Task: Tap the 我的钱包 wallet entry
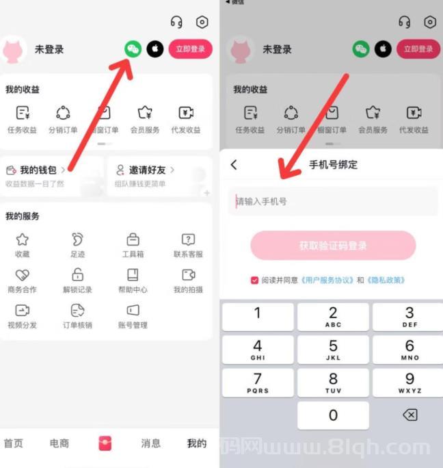point(38,170)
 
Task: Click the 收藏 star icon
point(23,239)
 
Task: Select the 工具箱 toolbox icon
point(133,239)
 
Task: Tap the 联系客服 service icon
point(188,239)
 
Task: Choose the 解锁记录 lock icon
point(77,275)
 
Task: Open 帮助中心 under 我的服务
point(133,275)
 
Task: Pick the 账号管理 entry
point(133,311)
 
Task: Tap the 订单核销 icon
point(77,311)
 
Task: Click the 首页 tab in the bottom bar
point(14,443)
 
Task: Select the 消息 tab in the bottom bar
point(150,443)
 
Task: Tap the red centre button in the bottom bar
point(105,443)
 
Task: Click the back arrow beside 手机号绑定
point(234,165)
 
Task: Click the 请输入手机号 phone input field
point(333,201)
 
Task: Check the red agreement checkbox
point(255,280)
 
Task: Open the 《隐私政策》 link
point(386,280)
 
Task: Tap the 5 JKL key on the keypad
point(333,350)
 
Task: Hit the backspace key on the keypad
point(410,415)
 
